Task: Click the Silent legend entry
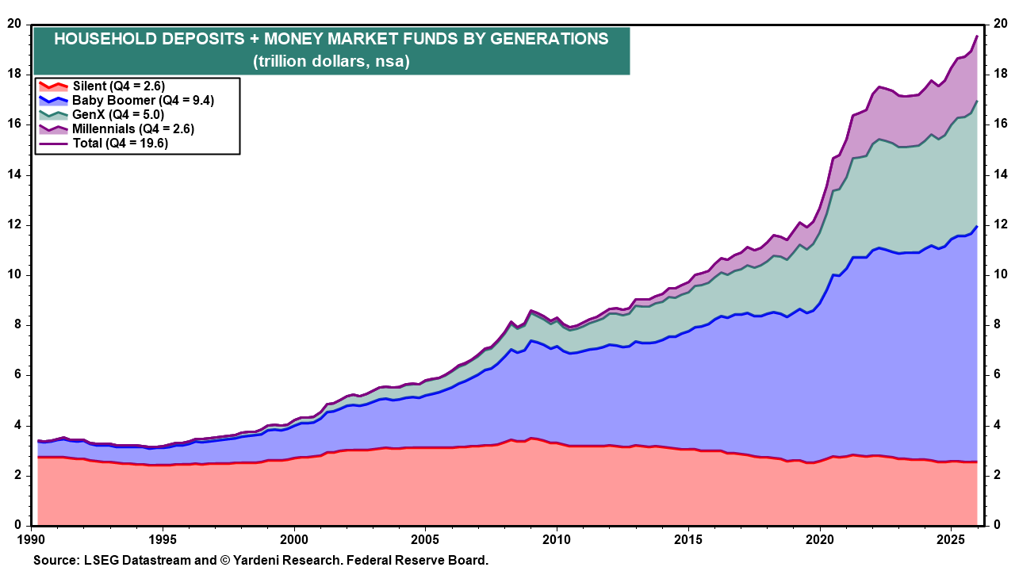click(118, 86)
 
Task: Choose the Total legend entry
click(120, 143)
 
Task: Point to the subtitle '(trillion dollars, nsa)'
click(331, 61)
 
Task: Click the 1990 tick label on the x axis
click(32, 538)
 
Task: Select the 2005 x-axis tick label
click(425, 538)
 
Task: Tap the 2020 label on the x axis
click(819, 538)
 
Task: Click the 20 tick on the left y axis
click(13, 24)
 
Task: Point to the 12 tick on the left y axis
click(13, 225)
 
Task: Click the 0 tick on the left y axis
click(17, 526)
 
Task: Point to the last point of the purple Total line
click(976, 36)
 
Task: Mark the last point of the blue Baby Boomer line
click(976, 227)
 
